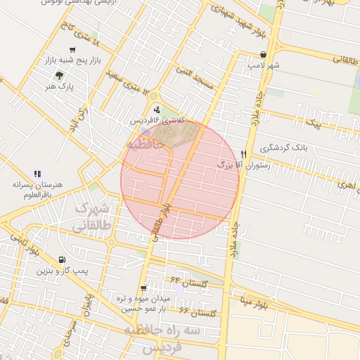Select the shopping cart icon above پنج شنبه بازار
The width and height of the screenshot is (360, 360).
[x=72, y=50]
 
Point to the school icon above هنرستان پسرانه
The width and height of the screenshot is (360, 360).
[x=37, y=173]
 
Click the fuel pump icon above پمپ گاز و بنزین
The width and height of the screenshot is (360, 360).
[x=62, y=259]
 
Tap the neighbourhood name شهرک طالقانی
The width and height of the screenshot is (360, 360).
[x=91, y=217]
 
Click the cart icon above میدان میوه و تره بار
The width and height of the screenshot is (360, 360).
[x=143, y=288]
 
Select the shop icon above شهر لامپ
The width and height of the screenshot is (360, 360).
[x=263, y=54]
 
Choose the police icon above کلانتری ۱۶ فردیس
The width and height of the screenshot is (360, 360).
[x=156, y=109]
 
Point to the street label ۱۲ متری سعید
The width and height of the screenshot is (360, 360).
[x=127, y=80]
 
